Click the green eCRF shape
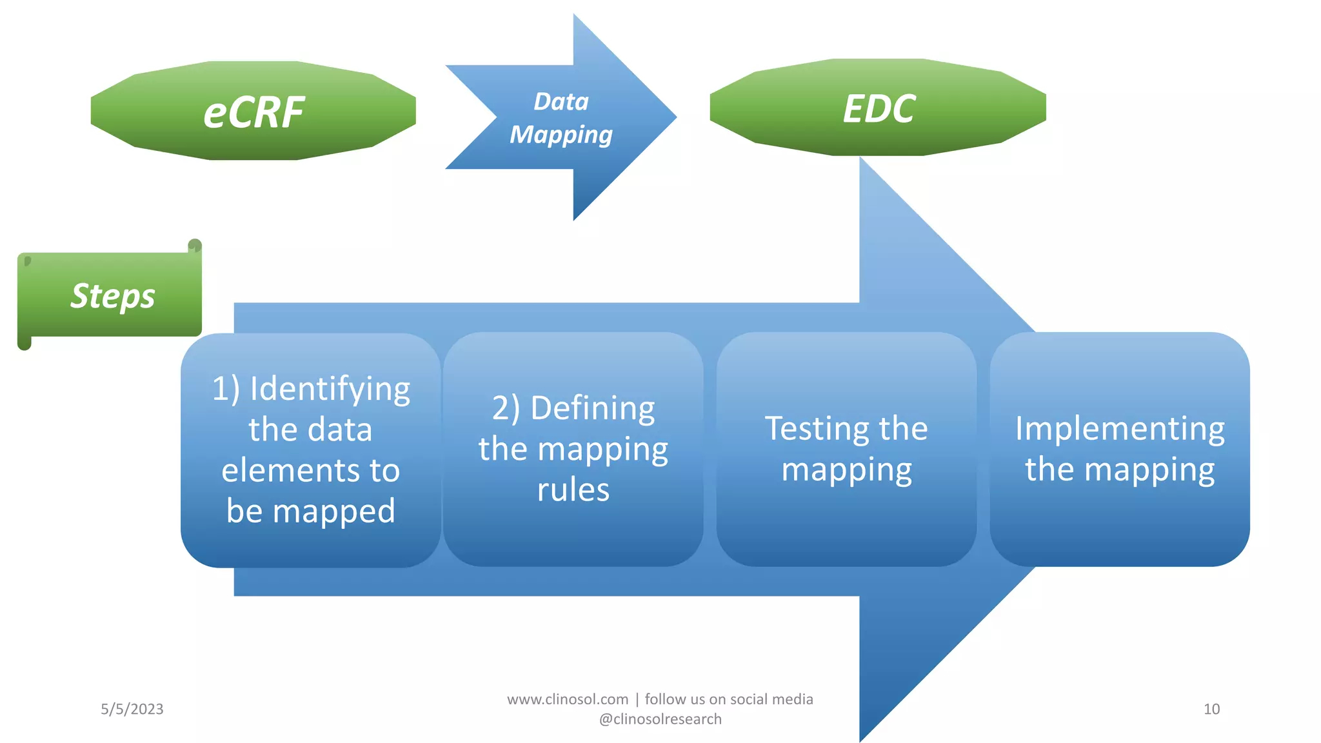click(253, 111)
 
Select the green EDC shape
click(878, 108)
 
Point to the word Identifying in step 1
click(330, 389)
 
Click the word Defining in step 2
click(592, 408)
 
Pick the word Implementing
click(1120, 428)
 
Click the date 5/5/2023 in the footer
click(132, 709)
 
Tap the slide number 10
click(1211, 709)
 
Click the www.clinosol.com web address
click(568, 699)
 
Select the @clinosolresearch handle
click(660, 719)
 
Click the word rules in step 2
click(573, 490)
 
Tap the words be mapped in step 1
click(310, 511)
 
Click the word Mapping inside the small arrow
click(561, 135)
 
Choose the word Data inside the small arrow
click(561, 101)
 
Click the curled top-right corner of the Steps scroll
click(195, 246)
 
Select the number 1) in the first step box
click(226, 389)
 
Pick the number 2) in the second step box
click(506, 408)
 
